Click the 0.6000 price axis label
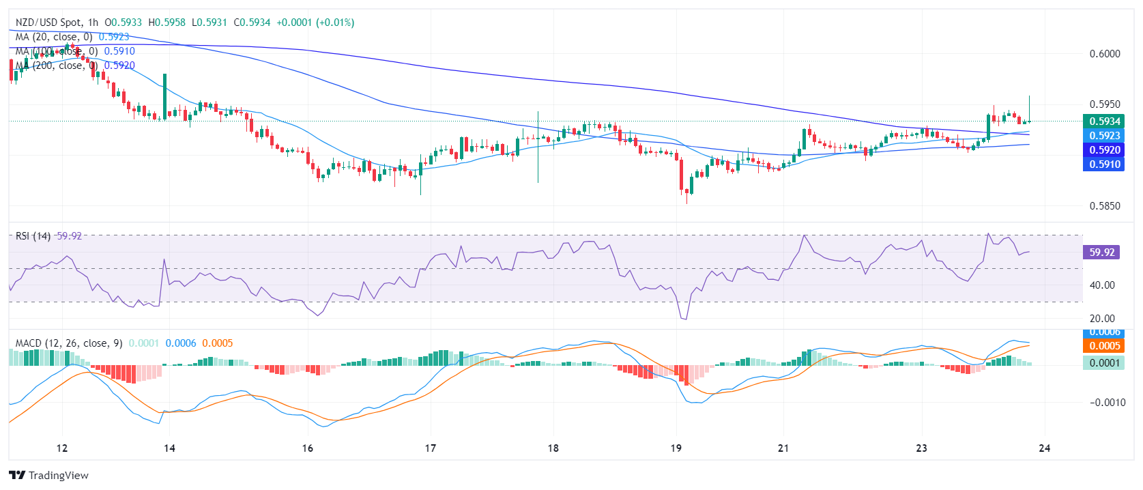1105,54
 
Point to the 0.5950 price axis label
1105,104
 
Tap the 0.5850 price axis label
1105,206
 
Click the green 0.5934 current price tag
1103,121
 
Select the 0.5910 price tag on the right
1103,164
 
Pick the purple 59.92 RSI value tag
1101,253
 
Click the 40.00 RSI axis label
1102,285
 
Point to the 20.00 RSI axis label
1102,319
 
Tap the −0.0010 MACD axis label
1107,403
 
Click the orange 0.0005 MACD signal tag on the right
1103,346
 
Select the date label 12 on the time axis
62,448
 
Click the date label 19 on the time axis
676,448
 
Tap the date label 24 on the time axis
1044,448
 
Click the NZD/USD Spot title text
47,23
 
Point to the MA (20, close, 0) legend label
54,37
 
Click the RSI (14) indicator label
33,236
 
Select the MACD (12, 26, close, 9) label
69,343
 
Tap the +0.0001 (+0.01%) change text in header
315,23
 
